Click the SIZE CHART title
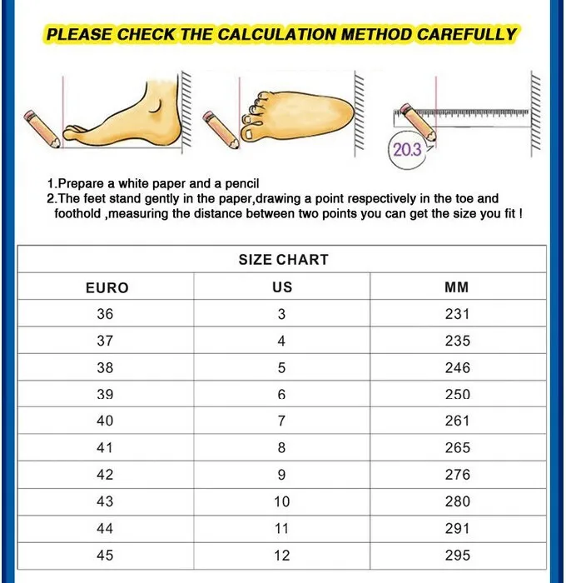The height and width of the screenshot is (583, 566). [284, 260]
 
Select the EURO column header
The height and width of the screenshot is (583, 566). [107, 288]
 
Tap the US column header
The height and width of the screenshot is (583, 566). [282, 287]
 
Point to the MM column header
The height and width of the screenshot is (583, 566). [457, 287]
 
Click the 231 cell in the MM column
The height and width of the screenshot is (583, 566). [457, 314]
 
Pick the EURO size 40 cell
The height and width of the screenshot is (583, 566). [105, 421]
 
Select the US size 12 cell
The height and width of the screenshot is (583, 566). [282, 556]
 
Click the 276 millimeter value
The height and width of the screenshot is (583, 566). [458, 475]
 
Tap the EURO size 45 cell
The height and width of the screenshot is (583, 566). [105, 556]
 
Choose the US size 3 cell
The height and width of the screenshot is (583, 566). [281, 314]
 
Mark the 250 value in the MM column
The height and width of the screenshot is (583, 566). [458, 394]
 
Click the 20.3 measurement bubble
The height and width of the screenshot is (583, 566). [406, 151]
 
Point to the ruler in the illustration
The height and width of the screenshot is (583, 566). [461, 117]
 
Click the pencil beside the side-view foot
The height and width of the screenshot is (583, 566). [42, 128]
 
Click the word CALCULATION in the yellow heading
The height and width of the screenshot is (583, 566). [278, 34]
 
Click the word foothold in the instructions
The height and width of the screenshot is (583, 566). [77, 214]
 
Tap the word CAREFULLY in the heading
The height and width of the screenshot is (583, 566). [466, 34]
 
